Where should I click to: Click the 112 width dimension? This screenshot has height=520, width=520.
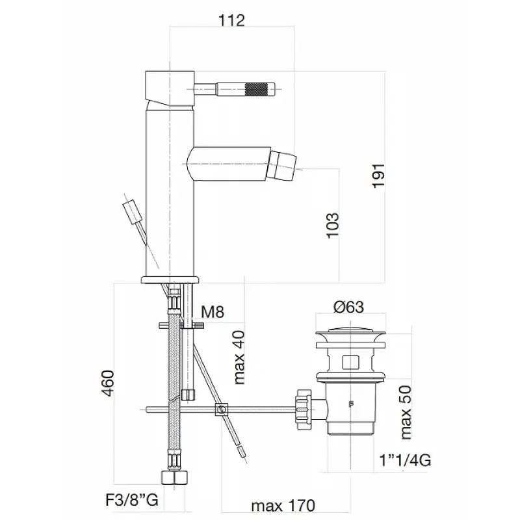pyautogui.click(x=231, y=21)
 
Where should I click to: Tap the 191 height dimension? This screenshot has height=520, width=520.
pyautogui.click(x=378, y=175)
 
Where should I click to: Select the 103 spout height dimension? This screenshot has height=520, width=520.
pyautogui.click(x=333, y=225)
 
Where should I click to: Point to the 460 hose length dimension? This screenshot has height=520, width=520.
pyautogui.click(x=107, y=383)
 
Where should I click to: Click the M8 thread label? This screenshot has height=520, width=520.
pyautogui.click(x=213, y=312)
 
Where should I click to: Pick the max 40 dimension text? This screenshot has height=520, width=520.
pyautogui.click(x=239, y=357)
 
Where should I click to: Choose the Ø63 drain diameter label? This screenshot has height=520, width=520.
pyautogui.click(x=348, y=307)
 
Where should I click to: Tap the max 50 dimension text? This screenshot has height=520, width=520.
pyautogui.click(x=405, y=413)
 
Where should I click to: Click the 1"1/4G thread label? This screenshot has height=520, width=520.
pyautogui.click(x=405, y=460)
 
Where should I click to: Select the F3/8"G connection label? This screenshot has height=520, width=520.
pyautogui.click(x=132, y=500)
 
